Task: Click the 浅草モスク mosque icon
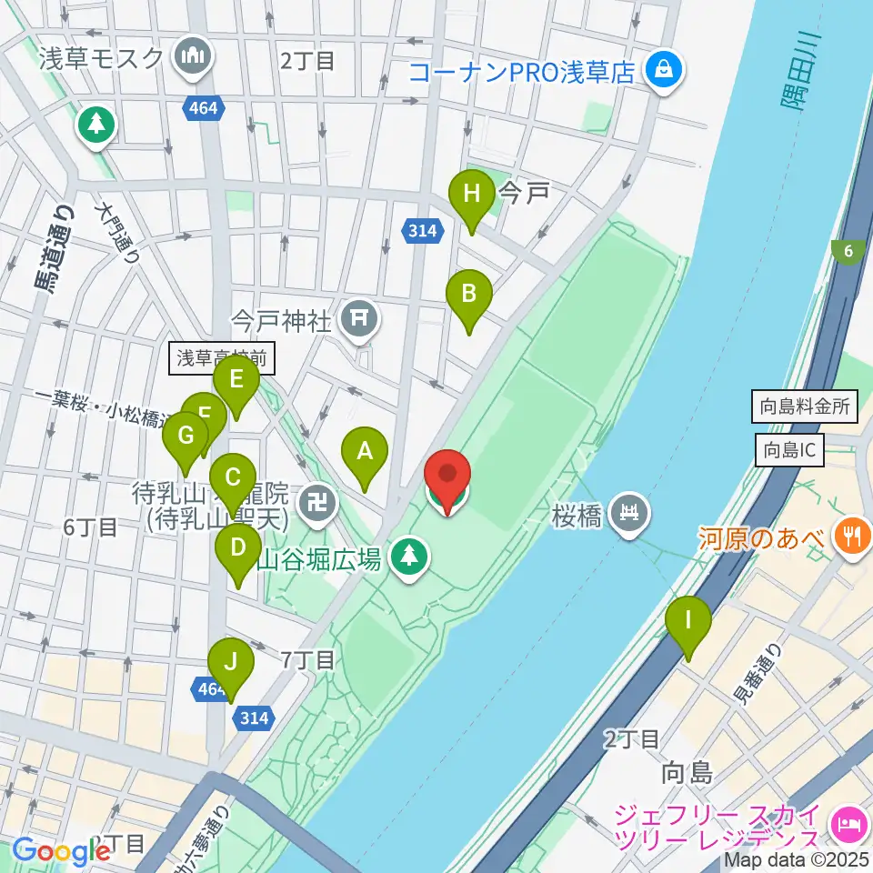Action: (x=194, y=58)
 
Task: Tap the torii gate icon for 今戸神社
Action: (x=359, y=317)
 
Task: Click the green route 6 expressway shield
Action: (x=848, y=252)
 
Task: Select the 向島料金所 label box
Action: (x=805, y=406)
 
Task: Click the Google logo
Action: (x=62, y=851)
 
